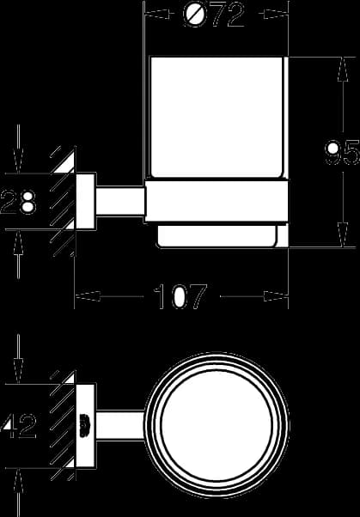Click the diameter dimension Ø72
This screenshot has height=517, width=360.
(213, 15)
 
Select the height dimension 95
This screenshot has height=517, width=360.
(342, 153)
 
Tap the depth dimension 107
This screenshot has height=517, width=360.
(180, 296)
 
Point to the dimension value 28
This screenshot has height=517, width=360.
(18, 202)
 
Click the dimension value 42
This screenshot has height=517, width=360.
(19, 426)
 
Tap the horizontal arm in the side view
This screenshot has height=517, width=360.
(120, 201)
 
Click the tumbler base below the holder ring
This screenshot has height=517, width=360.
(217, 235)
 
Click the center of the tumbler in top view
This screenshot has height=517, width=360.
(217, 425)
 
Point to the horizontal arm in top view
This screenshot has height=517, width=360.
(120, 425)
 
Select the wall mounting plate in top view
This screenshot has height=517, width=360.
(86, 425)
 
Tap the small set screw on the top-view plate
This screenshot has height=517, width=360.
(84, 425)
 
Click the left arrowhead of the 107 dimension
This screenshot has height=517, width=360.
(88, 296)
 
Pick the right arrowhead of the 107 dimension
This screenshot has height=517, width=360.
(276, 296)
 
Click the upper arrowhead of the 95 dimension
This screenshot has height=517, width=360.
(343, 70)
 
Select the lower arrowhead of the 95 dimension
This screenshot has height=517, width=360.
(343, 234)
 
